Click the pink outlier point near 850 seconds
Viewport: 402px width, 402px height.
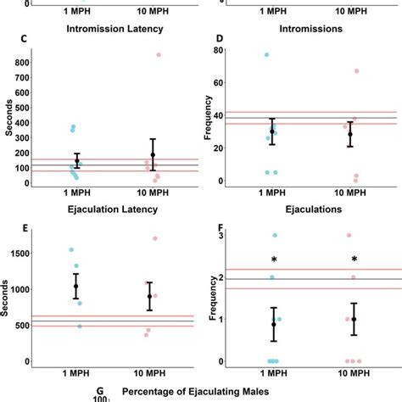click(158, 55)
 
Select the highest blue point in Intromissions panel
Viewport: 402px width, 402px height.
click(266, 55)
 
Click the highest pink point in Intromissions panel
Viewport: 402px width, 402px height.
click(356, 71)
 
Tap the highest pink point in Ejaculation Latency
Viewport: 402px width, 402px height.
click(154, 238)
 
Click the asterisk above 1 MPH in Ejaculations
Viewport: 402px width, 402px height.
click(274, 259)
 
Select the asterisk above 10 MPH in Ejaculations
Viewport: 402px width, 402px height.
click(354, 259)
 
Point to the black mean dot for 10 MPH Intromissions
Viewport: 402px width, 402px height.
click(349, 134)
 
